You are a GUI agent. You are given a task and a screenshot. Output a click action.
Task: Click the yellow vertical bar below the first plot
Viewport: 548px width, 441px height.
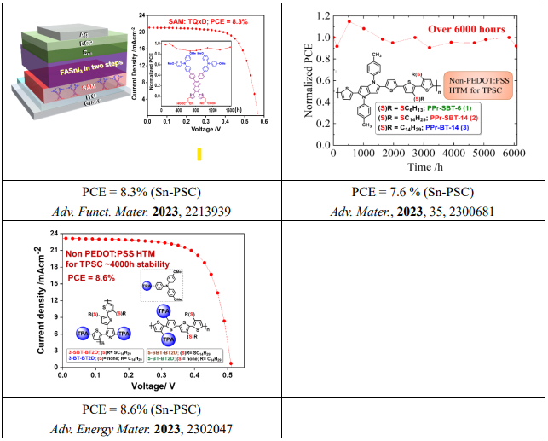point(199,154)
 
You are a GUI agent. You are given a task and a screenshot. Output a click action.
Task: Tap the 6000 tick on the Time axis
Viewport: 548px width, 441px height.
point(511,154)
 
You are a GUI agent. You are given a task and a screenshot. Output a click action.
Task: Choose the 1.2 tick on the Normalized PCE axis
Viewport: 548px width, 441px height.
point(318,15)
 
